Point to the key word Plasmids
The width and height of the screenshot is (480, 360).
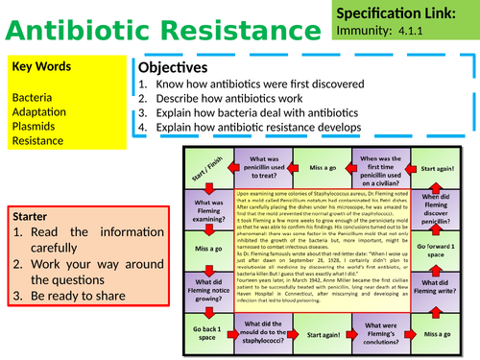coord(36,126)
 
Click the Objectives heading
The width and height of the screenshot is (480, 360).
coord(174,68)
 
